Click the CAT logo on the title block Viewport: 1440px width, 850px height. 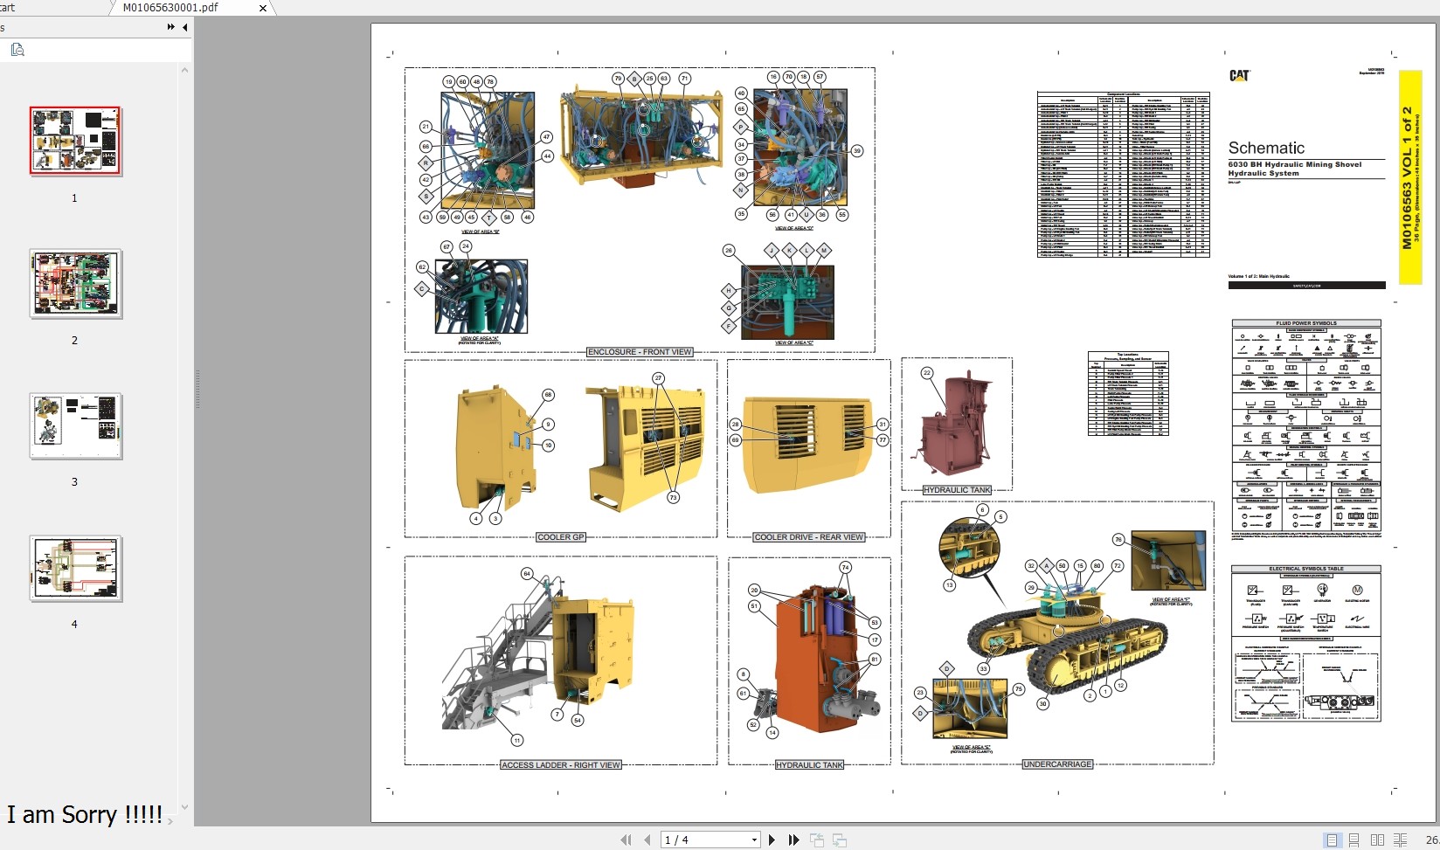1239,76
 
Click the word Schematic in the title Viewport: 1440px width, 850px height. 1266,148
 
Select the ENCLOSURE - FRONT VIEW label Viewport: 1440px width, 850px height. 640,352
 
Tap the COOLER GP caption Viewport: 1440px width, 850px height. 560,537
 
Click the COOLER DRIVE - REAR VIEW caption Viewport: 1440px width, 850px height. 809,537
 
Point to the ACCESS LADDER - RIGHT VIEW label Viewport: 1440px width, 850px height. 560,765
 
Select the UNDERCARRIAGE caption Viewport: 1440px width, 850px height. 1057,764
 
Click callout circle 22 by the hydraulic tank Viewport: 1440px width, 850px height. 927,373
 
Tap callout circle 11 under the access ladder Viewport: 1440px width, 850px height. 517,741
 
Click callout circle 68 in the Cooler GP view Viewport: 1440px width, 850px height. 549,395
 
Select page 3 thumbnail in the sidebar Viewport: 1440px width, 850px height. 75,426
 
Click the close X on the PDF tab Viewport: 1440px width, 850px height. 263,8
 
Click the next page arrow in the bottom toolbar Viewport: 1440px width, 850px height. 772,840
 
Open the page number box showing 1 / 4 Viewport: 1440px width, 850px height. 710,840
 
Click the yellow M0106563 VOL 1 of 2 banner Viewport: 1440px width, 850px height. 1409,177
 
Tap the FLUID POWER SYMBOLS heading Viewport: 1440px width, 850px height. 1306,323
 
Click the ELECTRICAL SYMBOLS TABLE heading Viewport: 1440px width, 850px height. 1306,569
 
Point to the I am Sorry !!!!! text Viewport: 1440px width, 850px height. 85,814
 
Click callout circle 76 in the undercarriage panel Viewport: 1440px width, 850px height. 1118,540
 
